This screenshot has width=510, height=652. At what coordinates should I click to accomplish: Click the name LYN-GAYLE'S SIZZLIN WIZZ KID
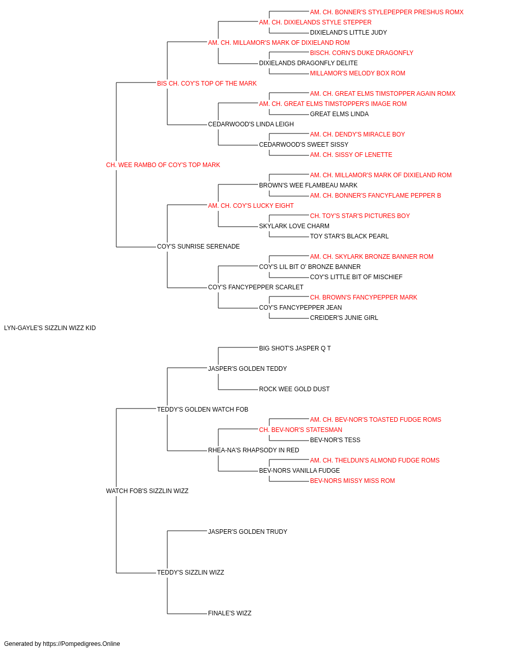[x=50, y=328]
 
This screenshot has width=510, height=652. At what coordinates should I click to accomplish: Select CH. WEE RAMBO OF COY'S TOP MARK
[x=163, y=165]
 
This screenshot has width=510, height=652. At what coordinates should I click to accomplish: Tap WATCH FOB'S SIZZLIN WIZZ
[x=147, y=491]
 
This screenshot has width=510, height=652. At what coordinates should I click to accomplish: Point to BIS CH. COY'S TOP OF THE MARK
[x=207, y=84]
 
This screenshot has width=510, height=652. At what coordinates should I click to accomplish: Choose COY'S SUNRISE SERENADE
[x=198, y=247]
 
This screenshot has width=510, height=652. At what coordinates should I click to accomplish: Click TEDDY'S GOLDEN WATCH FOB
[x=202, y=409]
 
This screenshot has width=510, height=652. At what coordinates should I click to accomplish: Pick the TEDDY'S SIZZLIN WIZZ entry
[x=190, y=572]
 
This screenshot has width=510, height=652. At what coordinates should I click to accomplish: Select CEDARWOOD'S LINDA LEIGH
[x=251, y=124]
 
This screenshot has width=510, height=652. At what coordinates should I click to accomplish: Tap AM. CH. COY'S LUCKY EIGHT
[x=251, y=205]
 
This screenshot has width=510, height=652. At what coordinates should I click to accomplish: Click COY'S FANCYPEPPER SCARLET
[x=256, y=287]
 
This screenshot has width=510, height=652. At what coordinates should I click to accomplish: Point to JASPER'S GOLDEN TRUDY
[x=247, y=532]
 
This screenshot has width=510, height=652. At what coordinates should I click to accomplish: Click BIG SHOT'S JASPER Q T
[x=295, y=348]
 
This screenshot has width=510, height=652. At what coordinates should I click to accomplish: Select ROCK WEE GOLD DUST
[x=294, y=389]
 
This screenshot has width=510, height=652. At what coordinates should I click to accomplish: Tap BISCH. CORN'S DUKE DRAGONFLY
[x=362, y=53]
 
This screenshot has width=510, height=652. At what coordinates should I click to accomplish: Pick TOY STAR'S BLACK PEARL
[x=349, y=236]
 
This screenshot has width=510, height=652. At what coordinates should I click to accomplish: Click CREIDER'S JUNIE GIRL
[x=344, y=318]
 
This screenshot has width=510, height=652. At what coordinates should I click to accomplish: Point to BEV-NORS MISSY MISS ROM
[x=352, y=481]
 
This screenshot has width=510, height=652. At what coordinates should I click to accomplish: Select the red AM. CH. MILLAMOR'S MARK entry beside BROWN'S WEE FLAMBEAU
[x=381, y=175]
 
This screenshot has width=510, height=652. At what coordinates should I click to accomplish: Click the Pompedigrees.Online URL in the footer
[x=81, y=644]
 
